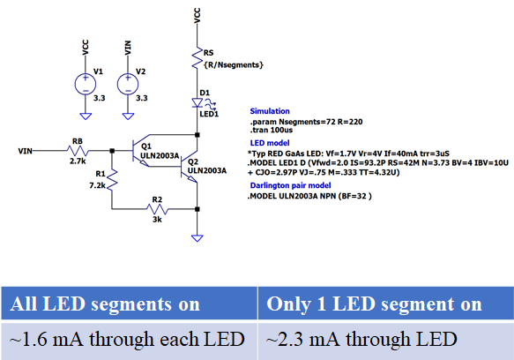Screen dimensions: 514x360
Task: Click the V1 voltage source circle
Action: point(86,84)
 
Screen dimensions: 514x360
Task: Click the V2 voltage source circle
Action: point(128,84)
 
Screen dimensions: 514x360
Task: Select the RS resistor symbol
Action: point(197,57)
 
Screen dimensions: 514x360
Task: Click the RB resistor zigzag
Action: point(78,151)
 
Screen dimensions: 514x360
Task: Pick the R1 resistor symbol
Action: point(112,179)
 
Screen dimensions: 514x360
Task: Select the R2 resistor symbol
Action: point(158,209)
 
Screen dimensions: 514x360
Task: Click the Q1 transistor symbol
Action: point(140,151)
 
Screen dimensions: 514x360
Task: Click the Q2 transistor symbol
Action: point(190,167)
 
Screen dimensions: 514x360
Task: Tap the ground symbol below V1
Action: point(86,116)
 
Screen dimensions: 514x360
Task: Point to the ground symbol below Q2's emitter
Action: point(197,238)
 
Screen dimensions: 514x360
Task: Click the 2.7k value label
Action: point(78,161)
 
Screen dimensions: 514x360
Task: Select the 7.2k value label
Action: point(97,185)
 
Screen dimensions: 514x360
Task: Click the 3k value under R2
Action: point(157,219)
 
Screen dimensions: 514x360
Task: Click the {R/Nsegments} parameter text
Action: point(234,65)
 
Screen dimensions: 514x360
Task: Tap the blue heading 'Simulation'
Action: point(270,111)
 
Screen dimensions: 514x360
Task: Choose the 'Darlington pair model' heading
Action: point(290,185)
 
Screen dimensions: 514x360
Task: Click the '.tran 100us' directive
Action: point(272,130)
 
